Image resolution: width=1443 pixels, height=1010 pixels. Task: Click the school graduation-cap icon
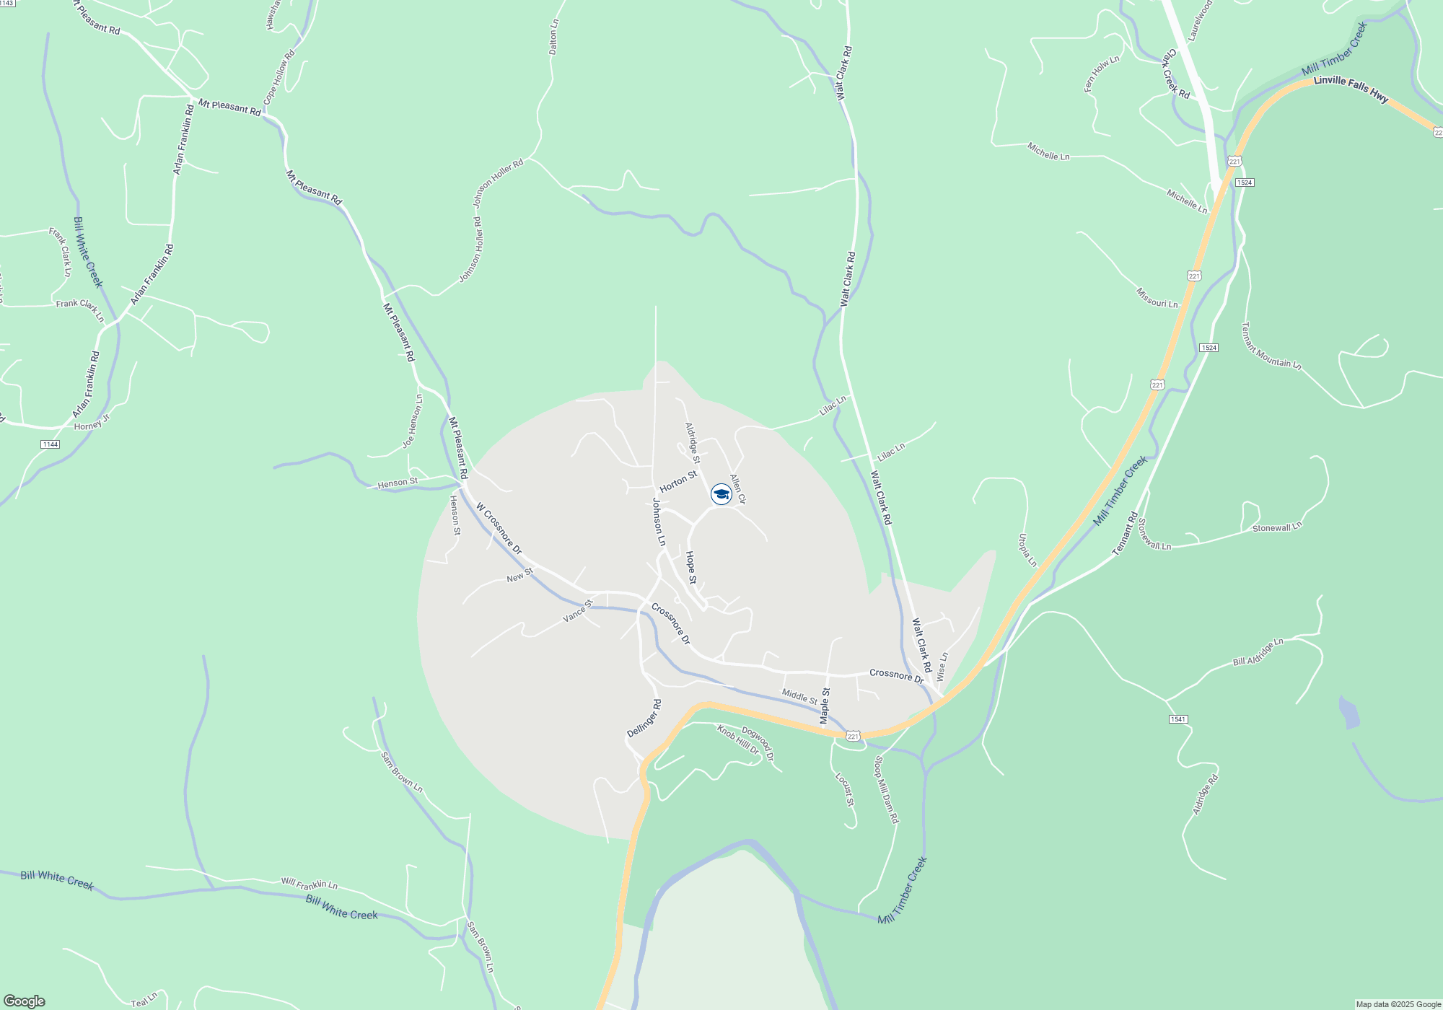721,494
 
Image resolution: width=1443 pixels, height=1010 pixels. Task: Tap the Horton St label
678,481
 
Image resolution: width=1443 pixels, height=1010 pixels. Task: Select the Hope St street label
690,568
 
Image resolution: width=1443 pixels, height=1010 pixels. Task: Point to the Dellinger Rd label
644,718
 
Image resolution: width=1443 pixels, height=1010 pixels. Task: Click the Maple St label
825,706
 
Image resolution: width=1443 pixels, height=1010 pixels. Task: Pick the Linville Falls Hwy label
1351,89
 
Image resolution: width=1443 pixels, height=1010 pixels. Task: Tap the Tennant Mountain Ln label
1270,346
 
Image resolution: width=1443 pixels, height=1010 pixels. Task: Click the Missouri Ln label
1157,298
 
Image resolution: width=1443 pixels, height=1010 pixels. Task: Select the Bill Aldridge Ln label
1258,651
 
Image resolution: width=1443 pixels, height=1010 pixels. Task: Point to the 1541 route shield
1178,719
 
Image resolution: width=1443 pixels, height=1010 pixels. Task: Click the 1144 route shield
50,444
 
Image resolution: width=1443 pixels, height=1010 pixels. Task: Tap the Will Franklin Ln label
309,883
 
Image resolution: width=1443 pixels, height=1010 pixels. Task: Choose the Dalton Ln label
553,38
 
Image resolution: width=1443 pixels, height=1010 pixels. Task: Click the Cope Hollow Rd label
279,77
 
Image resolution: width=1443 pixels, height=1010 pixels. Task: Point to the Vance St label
577,611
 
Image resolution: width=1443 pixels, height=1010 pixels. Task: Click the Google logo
25,1001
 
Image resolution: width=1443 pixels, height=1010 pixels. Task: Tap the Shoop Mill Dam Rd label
886,789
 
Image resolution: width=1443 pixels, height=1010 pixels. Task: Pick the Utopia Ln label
1027,550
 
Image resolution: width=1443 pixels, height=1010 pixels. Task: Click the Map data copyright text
1398,1004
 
